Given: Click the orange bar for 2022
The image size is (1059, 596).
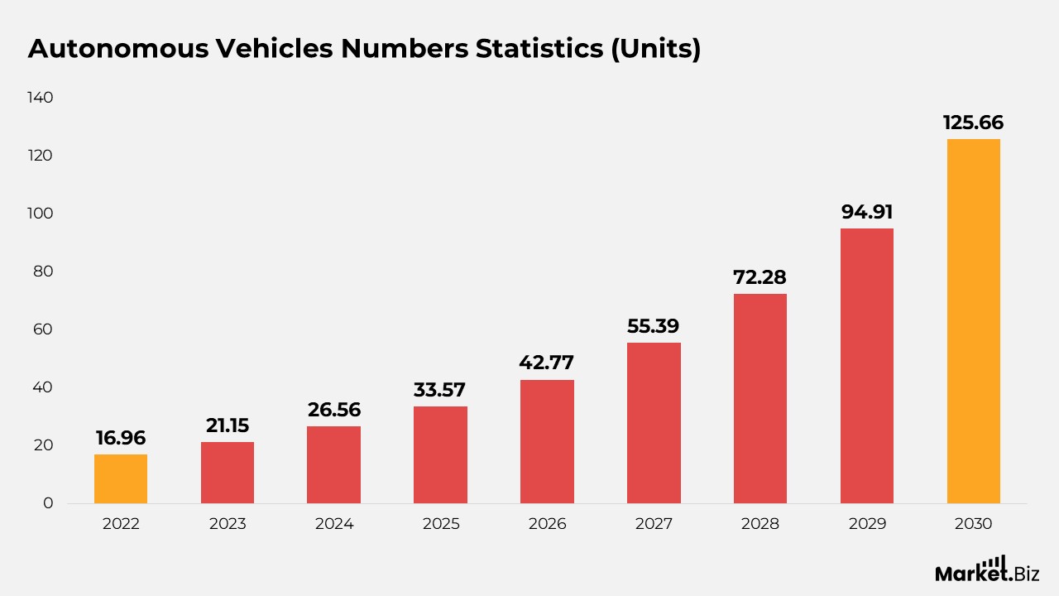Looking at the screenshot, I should (121, 478).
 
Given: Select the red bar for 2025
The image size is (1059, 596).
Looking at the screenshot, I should (440, 454).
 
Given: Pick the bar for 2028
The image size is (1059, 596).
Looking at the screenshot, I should (760, 398).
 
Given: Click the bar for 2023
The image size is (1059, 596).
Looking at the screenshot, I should (228, 472).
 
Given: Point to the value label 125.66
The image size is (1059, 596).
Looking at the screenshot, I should (973, 123).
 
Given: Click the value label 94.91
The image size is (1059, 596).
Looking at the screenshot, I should (867, 212).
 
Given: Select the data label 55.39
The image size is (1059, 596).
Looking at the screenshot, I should (654, 326).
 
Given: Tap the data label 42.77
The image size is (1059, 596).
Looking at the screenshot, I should (546, 363).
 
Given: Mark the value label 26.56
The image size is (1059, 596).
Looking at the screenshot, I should (333, 410).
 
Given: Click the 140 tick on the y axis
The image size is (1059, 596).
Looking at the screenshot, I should (40, 98).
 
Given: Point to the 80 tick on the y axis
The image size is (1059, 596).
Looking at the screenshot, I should (42, 272).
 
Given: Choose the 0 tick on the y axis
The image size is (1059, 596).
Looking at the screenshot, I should (48, 503).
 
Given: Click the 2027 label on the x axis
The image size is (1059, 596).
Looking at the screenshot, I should (654, 524).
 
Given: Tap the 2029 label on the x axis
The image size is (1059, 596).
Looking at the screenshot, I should (867, 524).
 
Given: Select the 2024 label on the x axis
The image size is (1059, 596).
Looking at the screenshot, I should (333, 524).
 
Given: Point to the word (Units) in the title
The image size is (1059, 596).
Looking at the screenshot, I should (655, 49).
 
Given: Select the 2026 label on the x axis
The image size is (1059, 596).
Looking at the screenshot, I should (547, 524).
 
